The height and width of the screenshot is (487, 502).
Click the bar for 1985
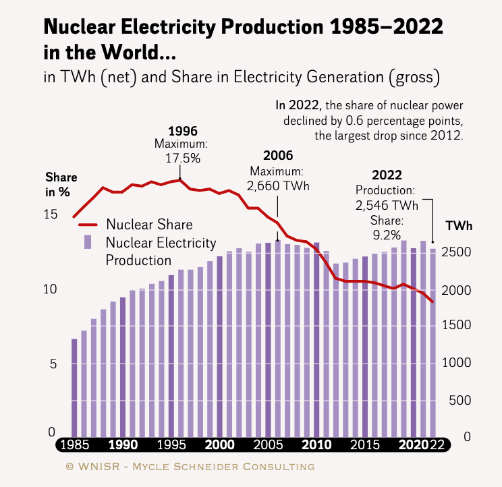point(74,388)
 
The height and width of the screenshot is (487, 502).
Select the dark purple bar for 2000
point(220,347)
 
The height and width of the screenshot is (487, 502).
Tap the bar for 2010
point(316,340)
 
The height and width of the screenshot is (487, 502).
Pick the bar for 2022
point(433,343)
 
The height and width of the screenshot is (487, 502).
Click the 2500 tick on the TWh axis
point(456,252)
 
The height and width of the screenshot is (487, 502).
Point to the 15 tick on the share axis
point(50,214)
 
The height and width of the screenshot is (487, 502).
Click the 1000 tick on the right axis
point(456,363)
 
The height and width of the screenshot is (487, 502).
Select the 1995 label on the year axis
point(171,445)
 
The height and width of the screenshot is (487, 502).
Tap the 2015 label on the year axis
point(365,445)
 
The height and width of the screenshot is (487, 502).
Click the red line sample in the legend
point(88,225)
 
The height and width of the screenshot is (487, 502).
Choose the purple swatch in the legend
point(88,242)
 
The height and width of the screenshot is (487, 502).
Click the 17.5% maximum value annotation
point(183,158)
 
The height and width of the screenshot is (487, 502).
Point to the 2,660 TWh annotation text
point(278,186)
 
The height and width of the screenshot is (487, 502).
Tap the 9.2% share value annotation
point(387,235)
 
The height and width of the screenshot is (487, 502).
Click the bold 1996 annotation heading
point(183,131)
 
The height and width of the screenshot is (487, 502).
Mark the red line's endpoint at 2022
point(433,302)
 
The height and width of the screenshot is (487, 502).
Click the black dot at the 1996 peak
point(180,179)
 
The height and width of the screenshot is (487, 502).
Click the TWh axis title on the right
point(459,226)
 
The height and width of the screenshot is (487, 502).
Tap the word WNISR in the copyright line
point(99,467)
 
